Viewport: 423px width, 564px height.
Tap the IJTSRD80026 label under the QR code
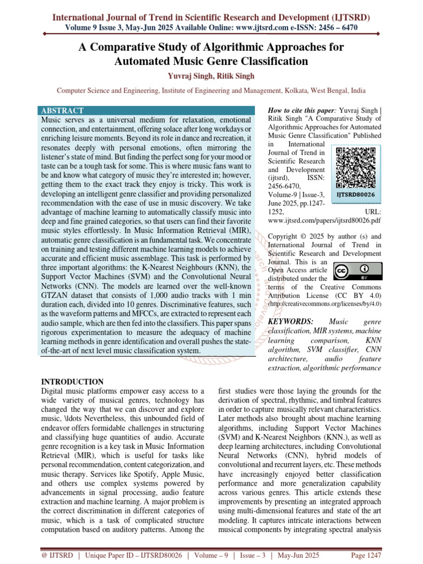click(355, 195)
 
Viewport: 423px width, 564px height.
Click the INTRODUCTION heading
click(73, 382)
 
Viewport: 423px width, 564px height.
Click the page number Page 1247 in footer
click(366, 555)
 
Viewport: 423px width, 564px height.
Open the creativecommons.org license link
click(324, 304)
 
